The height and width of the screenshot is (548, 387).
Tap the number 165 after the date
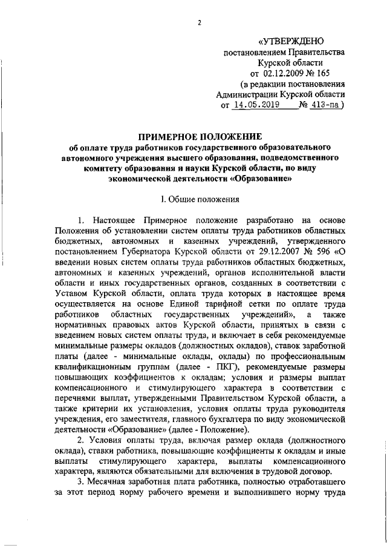[x=331, y=73]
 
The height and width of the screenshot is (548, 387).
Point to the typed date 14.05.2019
[x=258, y=104]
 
